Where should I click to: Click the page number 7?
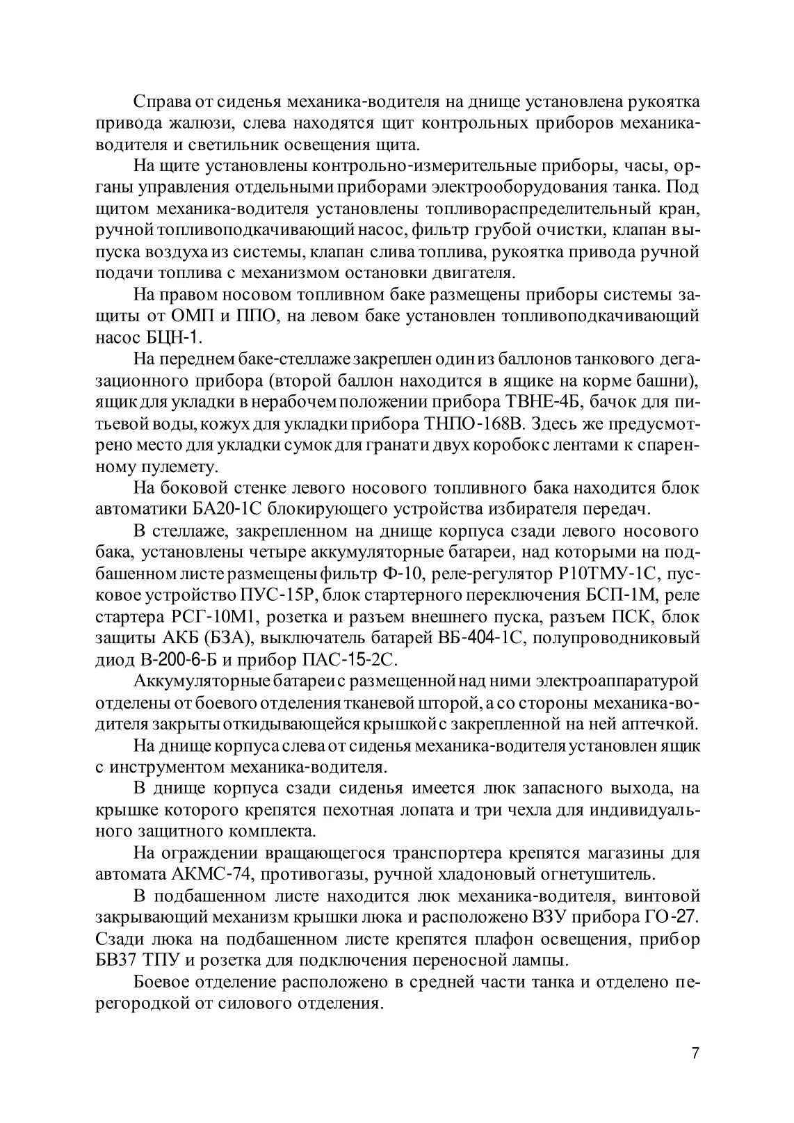pos(695,1053)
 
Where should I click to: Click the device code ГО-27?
pos(672,916)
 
